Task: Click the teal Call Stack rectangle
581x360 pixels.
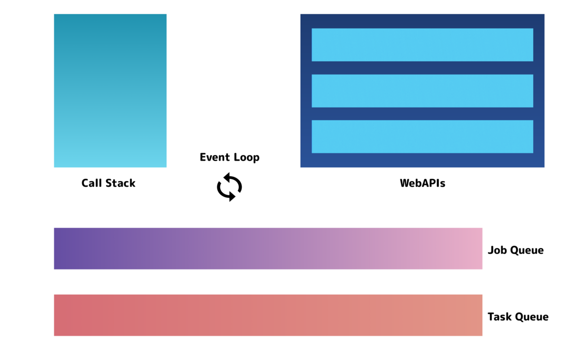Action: (110, 90)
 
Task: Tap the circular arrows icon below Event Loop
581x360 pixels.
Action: (229, 187)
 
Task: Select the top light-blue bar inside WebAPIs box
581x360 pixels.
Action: (422, 45)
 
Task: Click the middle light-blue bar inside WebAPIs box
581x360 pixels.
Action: (422, 90)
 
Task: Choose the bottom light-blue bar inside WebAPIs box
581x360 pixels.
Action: (422, 136)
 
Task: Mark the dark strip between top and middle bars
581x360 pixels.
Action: (422, 68)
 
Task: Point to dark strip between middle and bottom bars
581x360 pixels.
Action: (422, 114)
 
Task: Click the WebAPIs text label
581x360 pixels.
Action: (422, 183)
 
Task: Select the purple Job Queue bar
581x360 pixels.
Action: (268, 248)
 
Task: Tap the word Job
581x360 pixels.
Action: (497, 250)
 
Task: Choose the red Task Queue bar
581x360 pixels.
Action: (268, 315)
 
